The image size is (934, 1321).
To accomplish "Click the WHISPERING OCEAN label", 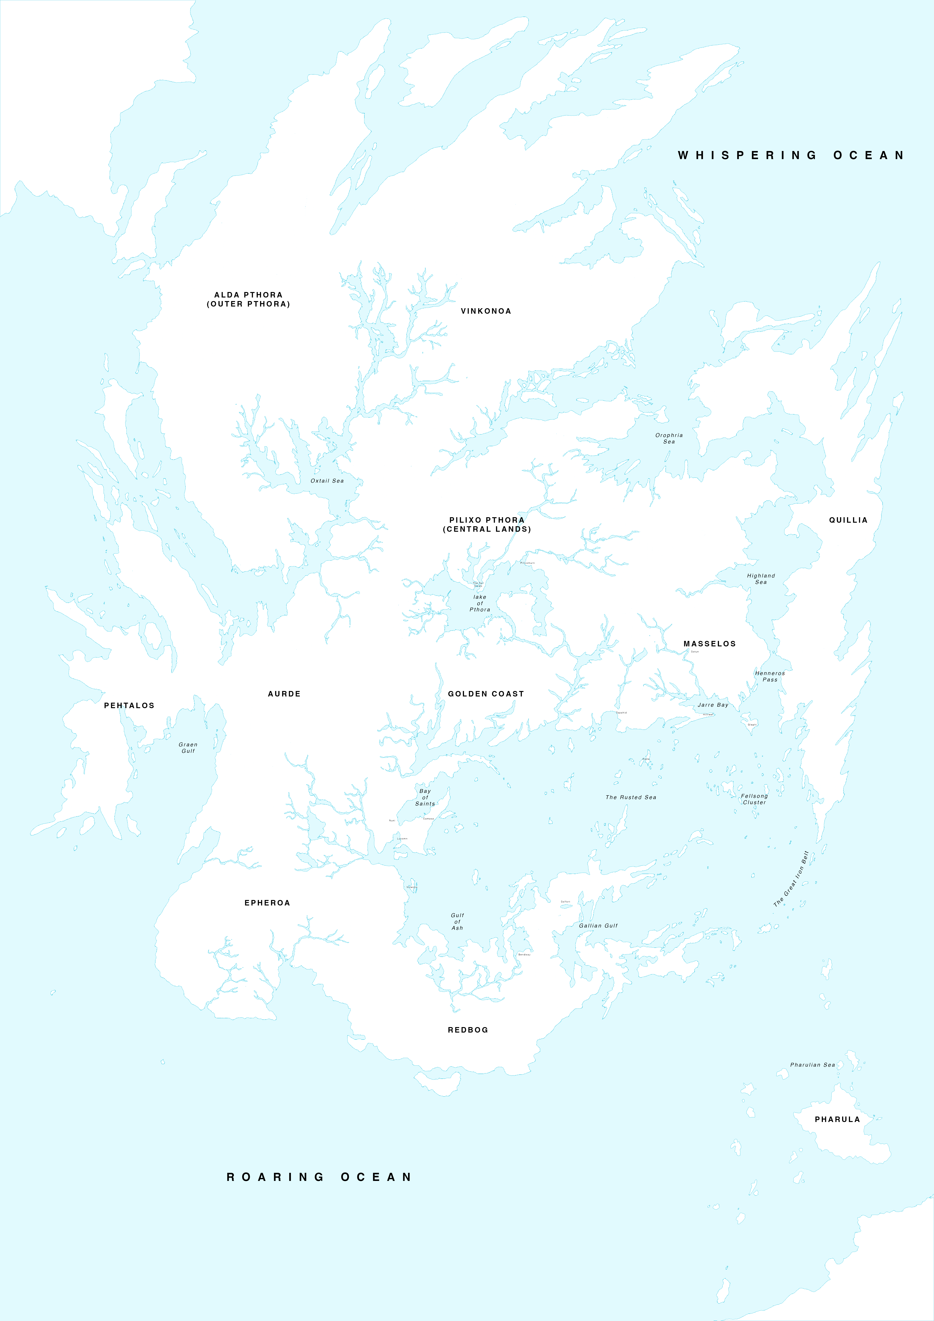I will [791, 155].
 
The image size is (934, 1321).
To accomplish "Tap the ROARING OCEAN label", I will [319, 1177].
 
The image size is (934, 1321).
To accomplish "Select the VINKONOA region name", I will [486, 311].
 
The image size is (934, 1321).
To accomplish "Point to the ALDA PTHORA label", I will [249, 299].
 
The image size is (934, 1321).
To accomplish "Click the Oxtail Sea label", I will [327, 481].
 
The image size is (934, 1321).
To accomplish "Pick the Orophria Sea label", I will [669, 438].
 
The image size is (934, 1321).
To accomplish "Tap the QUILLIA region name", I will [848, 520].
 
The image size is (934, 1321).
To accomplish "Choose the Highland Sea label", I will [761, 579].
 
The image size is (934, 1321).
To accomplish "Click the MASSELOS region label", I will [710, 644].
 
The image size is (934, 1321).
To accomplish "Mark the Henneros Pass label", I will [770, 677].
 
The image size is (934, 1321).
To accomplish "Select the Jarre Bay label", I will [713, 705].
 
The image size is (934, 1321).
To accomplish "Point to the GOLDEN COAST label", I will [486, 694].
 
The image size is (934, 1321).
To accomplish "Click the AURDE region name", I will [284, 694].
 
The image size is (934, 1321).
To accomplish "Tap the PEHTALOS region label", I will [129, 705].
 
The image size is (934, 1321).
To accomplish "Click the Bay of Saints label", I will [425, 797].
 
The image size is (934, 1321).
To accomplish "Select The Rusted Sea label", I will [631, 797].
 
